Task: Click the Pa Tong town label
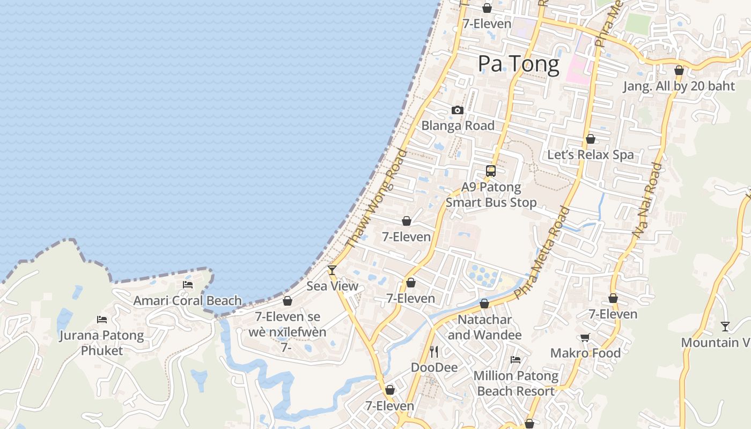[x=518, y=64]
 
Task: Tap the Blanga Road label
[x=458, y=125]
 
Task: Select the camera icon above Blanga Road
[x=458, y=110]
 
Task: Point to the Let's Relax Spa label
[x=590, y=155]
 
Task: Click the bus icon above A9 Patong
[x=490, y=171]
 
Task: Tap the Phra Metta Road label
[x=542, y=252]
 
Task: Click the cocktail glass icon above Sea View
[x=332, y=270]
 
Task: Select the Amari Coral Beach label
[x=187, y=301]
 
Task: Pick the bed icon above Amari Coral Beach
[x=187, y=285]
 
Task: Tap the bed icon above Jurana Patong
[x=102, y=320]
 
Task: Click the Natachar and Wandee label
[x=484, y=327]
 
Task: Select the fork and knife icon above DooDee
[x=434, y=352]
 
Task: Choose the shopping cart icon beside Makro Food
[x=585, y=337]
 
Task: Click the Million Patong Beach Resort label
[x=516, y=383]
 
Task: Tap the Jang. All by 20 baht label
[x=679, y=86]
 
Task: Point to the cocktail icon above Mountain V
[x=725, y=326]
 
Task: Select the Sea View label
[x=332, y=286]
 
